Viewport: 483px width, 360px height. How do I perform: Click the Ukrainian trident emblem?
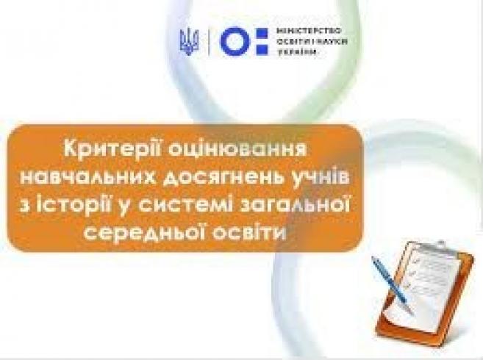pos(189,42)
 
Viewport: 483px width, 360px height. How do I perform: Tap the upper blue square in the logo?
pos(262,33)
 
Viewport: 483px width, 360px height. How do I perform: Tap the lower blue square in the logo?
pos(262,49)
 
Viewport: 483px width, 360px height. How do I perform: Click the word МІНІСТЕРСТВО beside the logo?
pos(309,31)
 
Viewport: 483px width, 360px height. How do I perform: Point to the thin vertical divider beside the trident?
pos(209,42)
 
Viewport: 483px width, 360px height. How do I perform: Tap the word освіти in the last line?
pos(250,232)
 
